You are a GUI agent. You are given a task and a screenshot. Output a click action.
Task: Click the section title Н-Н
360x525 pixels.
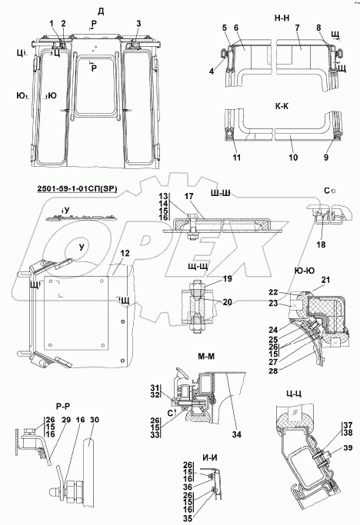click(282, 18)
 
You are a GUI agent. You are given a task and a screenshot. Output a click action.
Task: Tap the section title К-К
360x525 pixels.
click(282, 106)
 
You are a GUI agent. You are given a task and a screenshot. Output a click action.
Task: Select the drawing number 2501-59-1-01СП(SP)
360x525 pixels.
click(77, 189)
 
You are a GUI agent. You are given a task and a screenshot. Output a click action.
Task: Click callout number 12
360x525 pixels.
click(125, 254)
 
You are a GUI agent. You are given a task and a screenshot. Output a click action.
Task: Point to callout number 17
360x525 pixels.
click(189, 196)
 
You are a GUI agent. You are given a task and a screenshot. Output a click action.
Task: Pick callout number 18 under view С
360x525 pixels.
click(321, 244)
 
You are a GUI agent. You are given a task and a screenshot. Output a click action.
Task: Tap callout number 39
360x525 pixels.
click(348, 447)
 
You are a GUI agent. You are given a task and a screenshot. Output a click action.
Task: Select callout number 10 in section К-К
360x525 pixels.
click(293, 158)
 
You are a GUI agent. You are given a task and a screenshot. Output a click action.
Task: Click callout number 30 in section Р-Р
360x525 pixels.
click(95, 420)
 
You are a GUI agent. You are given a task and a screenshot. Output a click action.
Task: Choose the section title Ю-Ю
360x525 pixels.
click(305, 271)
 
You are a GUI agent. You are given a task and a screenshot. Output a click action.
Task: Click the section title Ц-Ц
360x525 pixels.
click(294, 394)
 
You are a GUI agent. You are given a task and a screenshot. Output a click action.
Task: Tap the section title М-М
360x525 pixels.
click(206, 356)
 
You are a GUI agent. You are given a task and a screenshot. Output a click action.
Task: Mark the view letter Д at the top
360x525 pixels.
click(101, 12)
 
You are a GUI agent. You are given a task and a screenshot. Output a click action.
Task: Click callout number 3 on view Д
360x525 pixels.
click(138, 23)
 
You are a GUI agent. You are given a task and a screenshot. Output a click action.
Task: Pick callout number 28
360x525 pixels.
click(274, 370)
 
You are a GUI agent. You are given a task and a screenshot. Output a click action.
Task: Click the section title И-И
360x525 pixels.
click(209, 457)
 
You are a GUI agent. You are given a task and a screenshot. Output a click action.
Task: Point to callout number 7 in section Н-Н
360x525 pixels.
click(298, 28)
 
